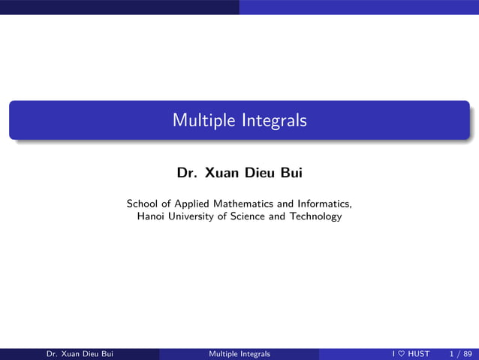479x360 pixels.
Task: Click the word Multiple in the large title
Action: [x=198, y=120]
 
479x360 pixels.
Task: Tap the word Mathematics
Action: [x=244, y=203]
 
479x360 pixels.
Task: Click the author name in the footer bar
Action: [x=80, y=354]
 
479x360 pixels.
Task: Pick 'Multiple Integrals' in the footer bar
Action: [x=239, y=354]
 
